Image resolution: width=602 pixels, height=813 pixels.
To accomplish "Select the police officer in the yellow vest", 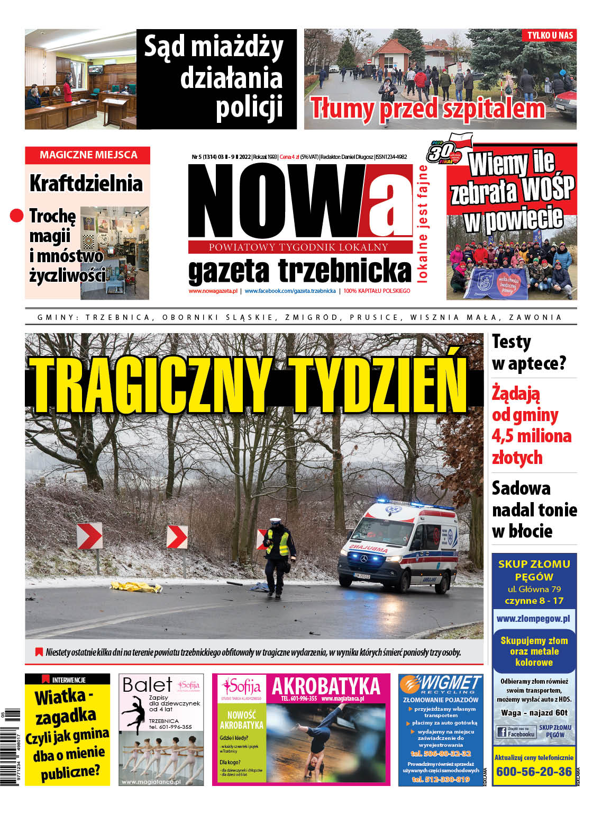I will coord(278,556).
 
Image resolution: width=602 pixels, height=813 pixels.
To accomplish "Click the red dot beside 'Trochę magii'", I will coord(17,215).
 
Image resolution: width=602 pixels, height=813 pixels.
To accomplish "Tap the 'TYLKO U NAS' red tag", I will coord(550,35).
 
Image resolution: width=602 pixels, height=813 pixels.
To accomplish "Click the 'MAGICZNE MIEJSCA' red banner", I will coord(88,155).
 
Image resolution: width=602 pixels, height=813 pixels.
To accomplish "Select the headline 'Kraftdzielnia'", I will coord(86,183).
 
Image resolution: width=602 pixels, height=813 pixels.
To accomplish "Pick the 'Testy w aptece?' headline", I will coord(528,352).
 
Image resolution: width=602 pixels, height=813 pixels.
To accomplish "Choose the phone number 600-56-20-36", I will coord(534,772).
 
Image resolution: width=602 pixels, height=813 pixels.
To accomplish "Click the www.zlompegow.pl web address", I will coord(533,619).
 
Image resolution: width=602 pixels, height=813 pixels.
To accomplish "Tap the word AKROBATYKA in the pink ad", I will coord(326,686).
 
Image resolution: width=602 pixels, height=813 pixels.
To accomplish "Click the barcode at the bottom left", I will coord(12,747).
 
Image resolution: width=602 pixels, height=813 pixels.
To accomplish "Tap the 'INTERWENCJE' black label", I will coord(67,680).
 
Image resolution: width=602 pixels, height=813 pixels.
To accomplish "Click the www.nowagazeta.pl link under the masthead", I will coord(213,291).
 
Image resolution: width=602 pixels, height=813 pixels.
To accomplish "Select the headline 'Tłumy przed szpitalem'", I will coord(427,108).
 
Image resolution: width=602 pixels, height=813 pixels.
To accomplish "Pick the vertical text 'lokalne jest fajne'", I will coord(423,224).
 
